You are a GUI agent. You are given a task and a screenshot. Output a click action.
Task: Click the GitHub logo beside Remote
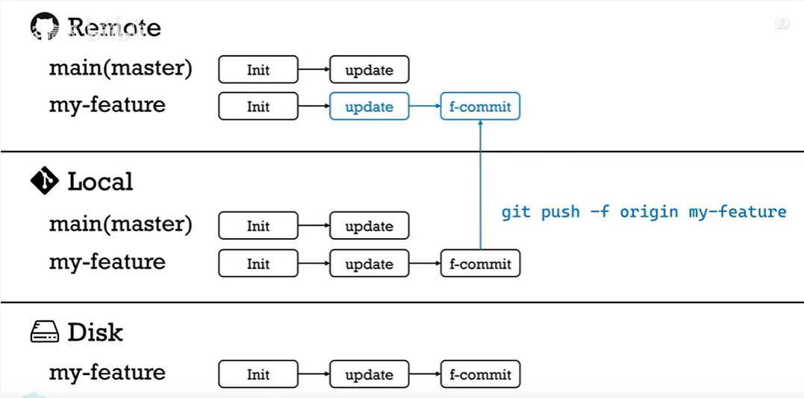pyautogui.click(x=44, y=28)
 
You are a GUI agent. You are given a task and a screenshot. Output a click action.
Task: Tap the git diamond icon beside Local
pyautogui.click(x=44, y=181)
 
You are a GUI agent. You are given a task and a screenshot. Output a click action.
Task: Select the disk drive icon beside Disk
pyautogui.click(x=44, y=332)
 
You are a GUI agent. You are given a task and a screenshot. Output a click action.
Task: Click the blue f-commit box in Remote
pyautogui.click(x=480, y=107)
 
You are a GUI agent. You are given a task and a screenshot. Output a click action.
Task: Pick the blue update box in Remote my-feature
pyautogui.click(x=370, y=107)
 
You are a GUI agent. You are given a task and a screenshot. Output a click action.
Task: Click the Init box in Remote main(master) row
pyautogui.click(x=258, y=70)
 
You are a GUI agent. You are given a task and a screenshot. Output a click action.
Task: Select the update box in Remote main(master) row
pyautogui.click(x=370, y=70)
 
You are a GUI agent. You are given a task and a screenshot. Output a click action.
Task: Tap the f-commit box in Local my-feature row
pyautogui.click(x=480, y=264)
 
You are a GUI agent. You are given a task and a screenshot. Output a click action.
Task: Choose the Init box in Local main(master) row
pyautogui.click(x=258, y=226)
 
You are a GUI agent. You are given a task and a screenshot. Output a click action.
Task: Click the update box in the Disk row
pyautogui.click(x=370, y=374)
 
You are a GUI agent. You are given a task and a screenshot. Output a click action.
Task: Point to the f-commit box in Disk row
pyautogui.click(x=480, y=374)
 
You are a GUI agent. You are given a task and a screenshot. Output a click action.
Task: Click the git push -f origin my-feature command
pyautogui.click(x=643, y=212)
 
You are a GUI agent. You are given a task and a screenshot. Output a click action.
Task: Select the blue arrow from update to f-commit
pyautogui.click(x=425, y=107)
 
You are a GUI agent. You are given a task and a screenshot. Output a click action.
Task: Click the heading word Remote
pyautogui.click(x=114, y=28)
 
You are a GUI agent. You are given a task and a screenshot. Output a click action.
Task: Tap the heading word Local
pyautogui.click(x=100, y=181)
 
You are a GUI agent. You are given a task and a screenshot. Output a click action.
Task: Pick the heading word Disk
pyautogui.click(x=95, y=332)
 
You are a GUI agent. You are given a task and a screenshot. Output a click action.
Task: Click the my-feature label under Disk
pyautogui.click(x=107, y=373)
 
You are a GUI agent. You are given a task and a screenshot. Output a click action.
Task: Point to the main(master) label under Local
pyautogui.click(x=120, y=224)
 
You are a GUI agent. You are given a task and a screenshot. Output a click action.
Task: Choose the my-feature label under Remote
pyautogui.click(x=107, y=105)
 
